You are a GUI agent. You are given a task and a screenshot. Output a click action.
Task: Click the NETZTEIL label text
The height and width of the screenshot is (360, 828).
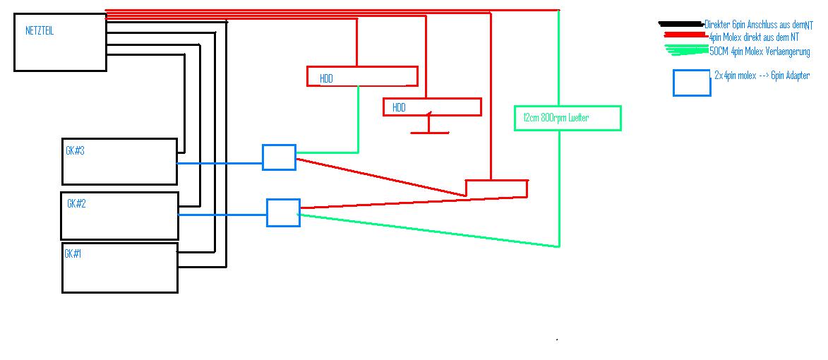pos(40,32)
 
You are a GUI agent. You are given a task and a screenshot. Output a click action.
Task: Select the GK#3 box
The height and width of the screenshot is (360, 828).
pos(119,162)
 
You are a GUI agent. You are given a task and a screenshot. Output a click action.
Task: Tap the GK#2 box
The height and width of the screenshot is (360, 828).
pos(119,216)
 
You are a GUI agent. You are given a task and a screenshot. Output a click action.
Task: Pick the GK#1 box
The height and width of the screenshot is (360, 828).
pos(119,268)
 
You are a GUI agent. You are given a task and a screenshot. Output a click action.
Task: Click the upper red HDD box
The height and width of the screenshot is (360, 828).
pos(362,76)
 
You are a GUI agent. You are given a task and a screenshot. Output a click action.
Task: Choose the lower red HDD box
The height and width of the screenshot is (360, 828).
pos(432,107)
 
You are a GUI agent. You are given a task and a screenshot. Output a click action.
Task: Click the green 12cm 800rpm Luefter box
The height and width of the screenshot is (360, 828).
pos(568,118)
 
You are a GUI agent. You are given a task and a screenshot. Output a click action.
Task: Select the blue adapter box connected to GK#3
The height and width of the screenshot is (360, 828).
pos(279,157)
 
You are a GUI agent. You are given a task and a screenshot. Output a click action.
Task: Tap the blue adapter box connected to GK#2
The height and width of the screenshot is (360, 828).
pos(283,212)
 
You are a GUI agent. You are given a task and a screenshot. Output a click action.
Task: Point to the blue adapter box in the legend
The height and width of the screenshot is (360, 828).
pos(691,83)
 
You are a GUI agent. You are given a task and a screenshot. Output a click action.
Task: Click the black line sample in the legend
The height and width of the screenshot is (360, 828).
pos(681,25)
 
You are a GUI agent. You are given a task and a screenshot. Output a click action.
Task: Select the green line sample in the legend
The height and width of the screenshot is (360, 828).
pos(687,49)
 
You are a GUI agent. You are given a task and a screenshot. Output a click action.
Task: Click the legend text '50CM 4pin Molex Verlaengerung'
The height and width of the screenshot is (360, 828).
pos(760,52)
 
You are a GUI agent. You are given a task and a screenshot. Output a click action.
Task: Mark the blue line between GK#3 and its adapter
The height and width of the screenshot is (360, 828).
pos(220,163)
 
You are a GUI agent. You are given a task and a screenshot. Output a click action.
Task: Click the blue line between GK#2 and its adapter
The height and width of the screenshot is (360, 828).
pos(222,215)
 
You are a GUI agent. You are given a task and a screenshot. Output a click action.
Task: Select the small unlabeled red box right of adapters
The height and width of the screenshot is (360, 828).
pos(496,188)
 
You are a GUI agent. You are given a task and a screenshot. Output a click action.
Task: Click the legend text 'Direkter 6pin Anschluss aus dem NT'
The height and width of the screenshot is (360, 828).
pos(759,24)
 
